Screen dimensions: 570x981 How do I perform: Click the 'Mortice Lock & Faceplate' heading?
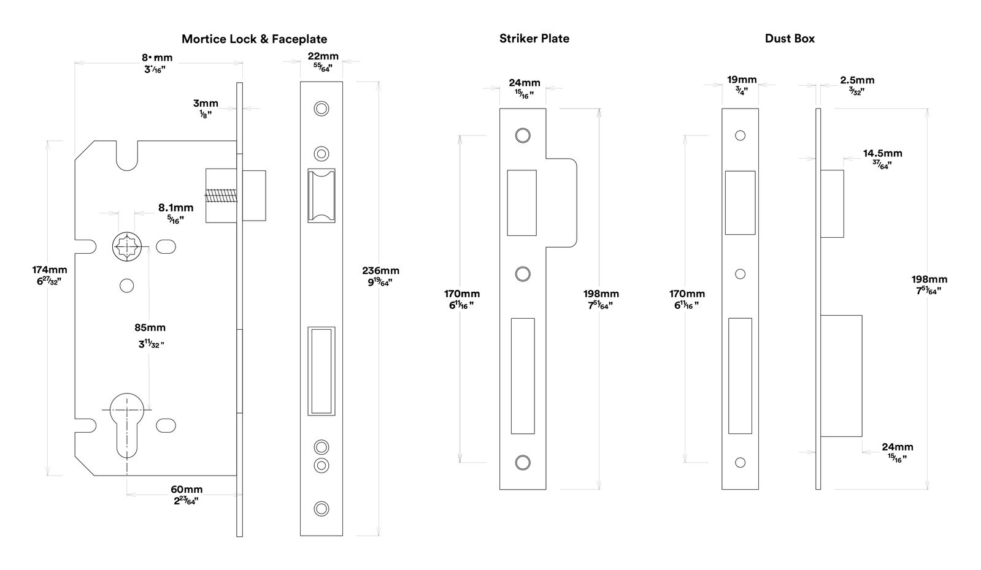pyautogui.click(x=254, y=39)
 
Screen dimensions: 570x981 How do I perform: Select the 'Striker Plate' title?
pyautogui.click(x=534, y=39)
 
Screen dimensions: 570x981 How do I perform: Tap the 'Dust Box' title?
pyautogui.click(x=789, y=39)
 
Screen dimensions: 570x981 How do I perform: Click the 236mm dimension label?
pyautogui.click(x=380, y=271)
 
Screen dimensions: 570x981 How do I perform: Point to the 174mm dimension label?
pyautogui.click(x=50, y=270)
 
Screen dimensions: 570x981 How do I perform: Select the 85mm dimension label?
pyautogui.click(x=150, y=328)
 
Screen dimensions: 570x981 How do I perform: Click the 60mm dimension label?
pyautogui.click(x=187, y=490)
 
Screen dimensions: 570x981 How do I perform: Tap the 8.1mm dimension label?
pyautogui.click(x=175, y=208)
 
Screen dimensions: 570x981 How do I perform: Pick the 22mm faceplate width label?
pyautogui.click(x=323, y=56)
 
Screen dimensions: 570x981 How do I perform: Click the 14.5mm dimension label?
pyautogui.click(x=882, y=153)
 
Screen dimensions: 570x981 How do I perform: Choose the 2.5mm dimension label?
pyautogui.click(x=857, y=80)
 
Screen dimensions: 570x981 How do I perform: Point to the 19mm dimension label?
pyautogui.click(x=742, y=80)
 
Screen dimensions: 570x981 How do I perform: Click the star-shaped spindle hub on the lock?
pyautogui.click(x=127, y=247)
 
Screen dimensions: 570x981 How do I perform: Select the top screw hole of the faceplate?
pyautogui.click(x=321, y=109)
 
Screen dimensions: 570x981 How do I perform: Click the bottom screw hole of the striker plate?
pyautogui.click(x=522, y=462)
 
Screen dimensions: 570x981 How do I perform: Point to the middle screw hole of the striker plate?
pyautogui.click(x=522, y=273)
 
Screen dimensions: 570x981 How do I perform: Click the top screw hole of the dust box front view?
pyautogui.click(x=740, y=135)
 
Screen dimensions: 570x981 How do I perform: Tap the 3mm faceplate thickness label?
pyautogui.click(x=206, y=104)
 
